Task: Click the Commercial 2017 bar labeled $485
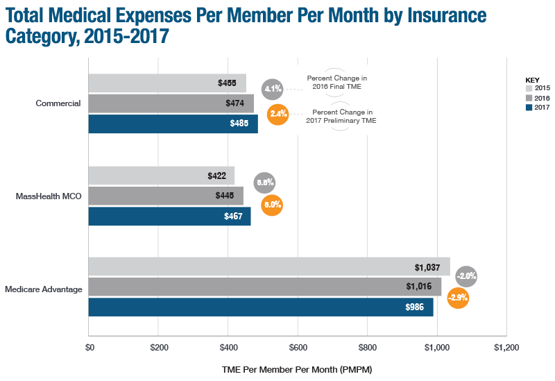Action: tap(173, 124)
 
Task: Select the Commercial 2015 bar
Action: tap(167, 83)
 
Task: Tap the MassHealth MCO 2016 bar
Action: tap(166, 196)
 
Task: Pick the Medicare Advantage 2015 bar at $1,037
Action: tap(269, 266)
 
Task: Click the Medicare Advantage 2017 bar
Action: tap(261, 307)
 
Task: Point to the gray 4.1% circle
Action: tap(272, 89)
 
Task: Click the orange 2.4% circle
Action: tap(277, 114)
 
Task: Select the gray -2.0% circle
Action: tap(466, 276)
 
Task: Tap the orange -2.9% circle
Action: tap(458, 298)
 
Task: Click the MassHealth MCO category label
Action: tap(49, 196)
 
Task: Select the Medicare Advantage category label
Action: tap(43, 288)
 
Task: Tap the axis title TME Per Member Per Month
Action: tap(297, 369)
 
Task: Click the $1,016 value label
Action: tap(419, 287)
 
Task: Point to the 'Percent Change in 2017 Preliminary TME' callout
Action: tap(341, 116)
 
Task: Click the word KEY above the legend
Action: tap(533, 79)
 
